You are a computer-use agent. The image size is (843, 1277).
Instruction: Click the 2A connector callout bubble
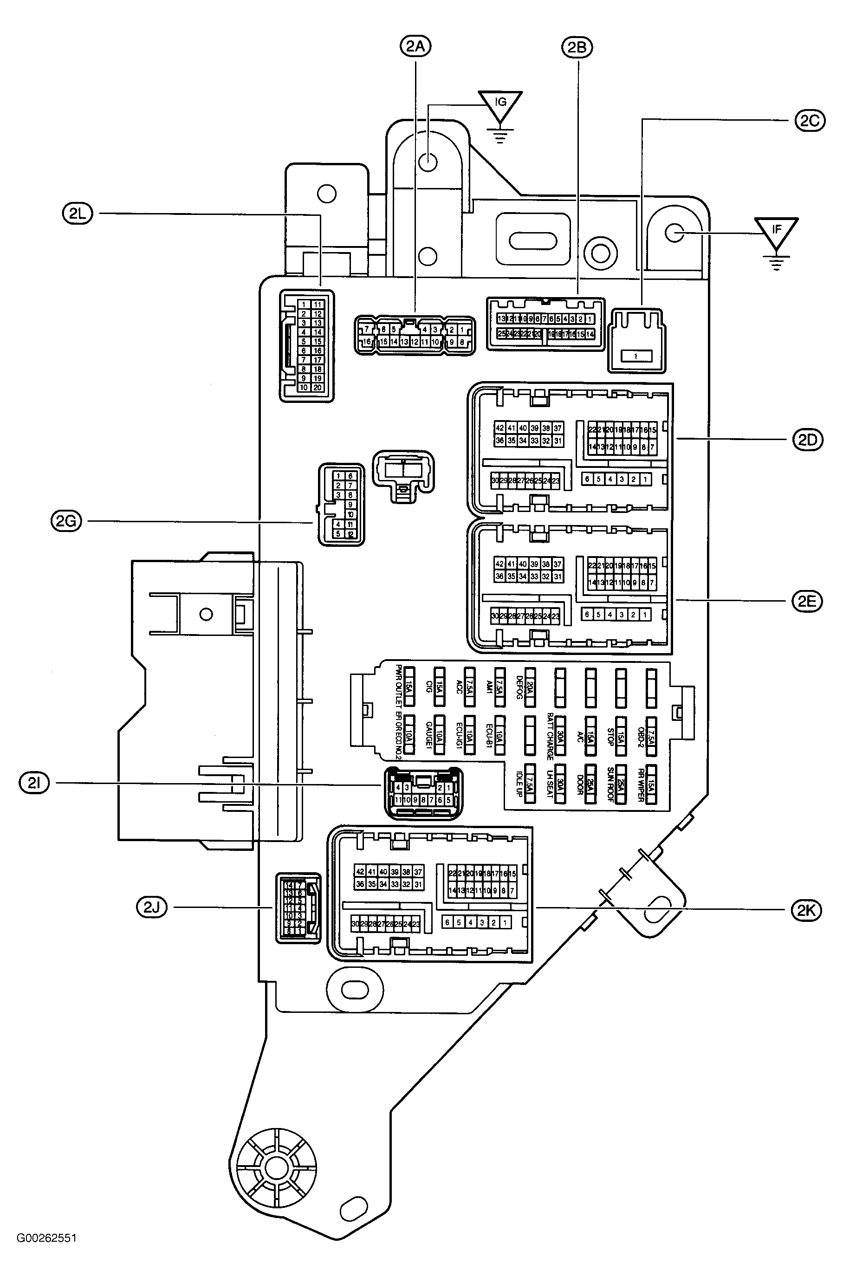point(415,47)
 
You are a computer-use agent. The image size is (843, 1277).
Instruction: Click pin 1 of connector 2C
point(636,356)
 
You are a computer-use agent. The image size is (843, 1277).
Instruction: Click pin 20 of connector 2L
point(317,388)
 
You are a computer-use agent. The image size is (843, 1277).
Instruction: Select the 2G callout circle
point(65,521)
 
